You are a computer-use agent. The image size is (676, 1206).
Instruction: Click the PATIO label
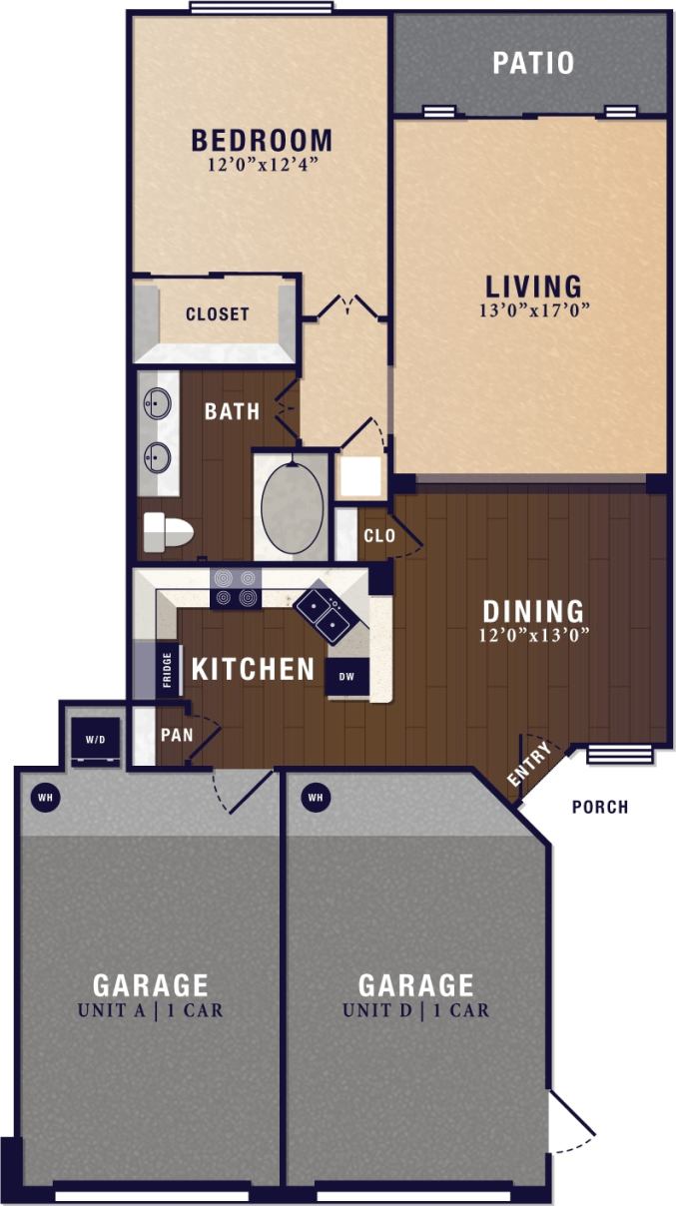[x=533, y=63]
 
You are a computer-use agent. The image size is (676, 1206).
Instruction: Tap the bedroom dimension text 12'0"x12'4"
[x=263, y=165]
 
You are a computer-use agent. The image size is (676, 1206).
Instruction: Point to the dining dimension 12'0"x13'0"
[x=533, y=633]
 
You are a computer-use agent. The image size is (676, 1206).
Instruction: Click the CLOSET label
[x=217, y=314]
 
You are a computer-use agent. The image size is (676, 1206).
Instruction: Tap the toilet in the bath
[x=167, y=531]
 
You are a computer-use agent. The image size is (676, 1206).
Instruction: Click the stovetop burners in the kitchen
[x=235, y=588]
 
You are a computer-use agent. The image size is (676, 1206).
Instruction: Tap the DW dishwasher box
[x=347, y=677]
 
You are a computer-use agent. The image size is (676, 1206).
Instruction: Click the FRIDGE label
[x=168, y=671]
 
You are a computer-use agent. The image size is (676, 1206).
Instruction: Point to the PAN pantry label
[x=176, y=735]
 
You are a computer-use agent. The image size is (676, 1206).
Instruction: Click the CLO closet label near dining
[x=378, y=536]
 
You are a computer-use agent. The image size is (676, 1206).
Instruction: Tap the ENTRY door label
[x=529, y=766]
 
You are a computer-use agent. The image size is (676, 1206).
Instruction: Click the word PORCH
[x=599, y=807]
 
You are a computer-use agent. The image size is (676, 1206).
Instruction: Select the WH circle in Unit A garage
[x=44, y=797]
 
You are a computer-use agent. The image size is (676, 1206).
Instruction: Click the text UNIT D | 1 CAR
[x=415, y=1010]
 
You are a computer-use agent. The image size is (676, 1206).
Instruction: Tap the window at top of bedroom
[x=261, y=8]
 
